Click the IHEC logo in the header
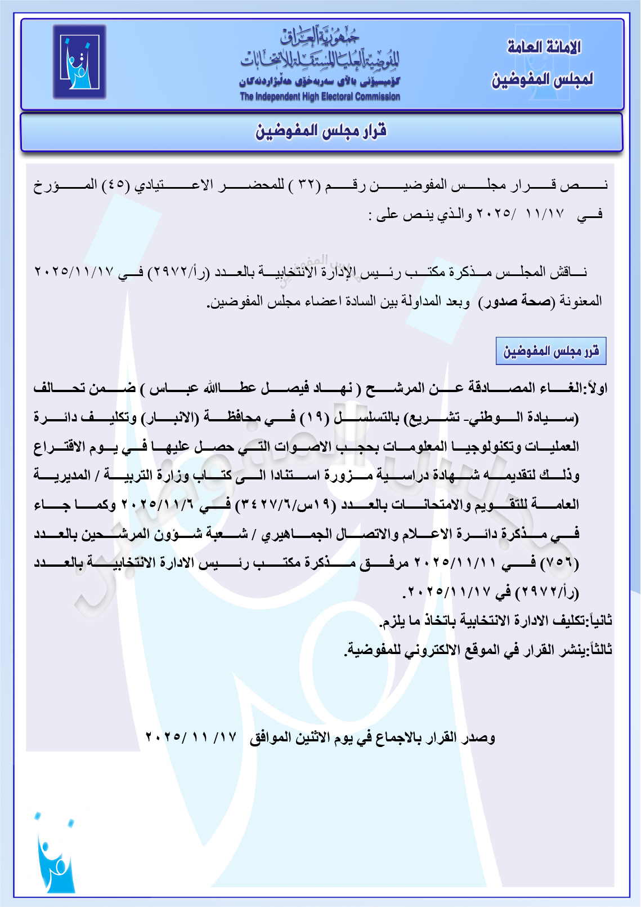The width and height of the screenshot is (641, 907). [79, 62]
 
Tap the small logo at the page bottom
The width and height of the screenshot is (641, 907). [55, 853]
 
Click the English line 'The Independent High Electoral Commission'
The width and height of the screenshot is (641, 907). [320, 97]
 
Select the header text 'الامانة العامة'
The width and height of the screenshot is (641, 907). [544, 47]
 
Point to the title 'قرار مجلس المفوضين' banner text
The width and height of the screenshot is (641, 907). [321, 131]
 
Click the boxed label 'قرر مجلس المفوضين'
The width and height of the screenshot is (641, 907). [550, 352]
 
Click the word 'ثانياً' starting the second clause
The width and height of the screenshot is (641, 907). [598, 621]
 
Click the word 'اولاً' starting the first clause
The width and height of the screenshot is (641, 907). [595, 389]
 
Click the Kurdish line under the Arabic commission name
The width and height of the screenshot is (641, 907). [320, 82]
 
